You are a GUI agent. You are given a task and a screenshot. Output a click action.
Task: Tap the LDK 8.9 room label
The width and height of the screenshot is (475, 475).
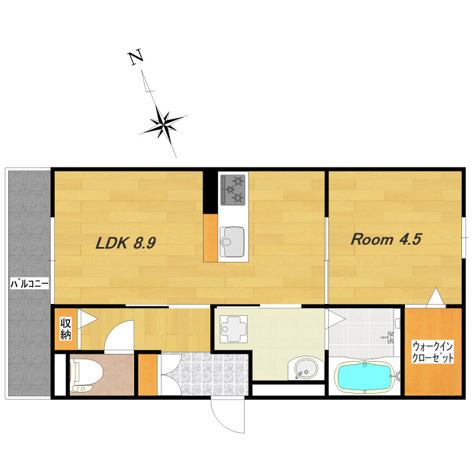pos(126,243)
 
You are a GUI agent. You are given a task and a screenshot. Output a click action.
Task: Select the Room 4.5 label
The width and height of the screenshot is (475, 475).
pos(386,239)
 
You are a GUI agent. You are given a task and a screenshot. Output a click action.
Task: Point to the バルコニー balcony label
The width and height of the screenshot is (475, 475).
pos(29,284)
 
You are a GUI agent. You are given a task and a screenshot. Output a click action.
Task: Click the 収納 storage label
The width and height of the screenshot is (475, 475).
pos(66,328)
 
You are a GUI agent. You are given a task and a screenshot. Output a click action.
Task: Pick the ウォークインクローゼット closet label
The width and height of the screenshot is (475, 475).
pos(432,352)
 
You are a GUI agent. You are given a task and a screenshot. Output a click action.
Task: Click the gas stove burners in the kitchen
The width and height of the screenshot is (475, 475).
pos(233,190)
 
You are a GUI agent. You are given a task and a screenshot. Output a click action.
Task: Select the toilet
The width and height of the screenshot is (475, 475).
pos(85,375)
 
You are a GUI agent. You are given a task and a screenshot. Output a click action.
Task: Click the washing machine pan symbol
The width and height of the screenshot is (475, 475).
pos(234,329)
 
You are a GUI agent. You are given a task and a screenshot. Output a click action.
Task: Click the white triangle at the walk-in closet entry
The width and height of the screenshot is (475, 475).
pos(436,298)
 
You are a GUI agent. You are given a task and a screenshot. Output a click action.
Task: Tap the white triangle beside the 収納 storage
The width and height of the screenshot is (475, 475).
pos(86,319)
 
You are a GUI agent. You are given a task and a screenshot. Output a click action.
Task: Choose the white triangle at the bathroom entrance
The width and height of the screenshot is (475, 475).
pos(334,319)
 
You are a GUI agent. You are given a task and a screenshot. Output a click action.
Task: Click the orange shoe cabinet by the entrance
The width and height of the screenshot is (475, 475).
pos(148,375)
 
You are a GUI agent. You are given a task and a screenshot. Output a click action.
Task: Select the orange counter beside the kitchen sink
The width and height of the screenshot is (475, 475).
pos(211,238)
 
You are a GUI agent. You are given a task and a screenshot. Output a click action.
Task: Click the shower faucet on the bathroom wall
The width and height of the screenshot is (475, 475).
pos(389,337)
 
